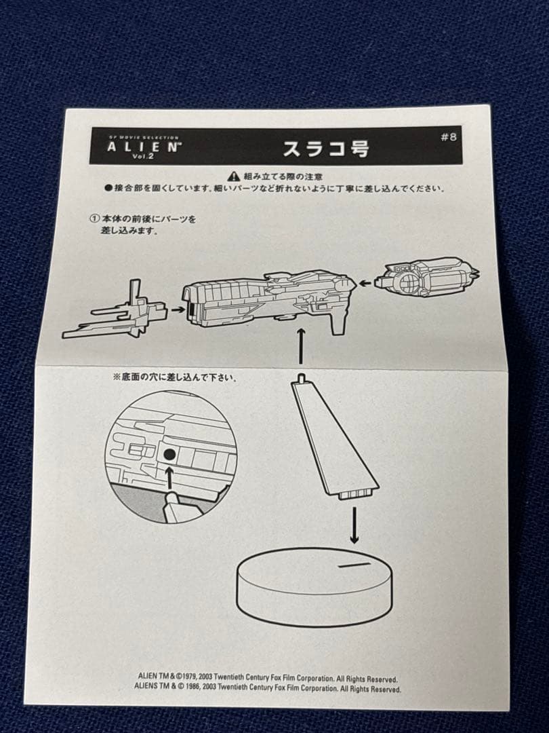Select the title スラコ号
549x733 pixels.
pyautogui.click(x=325, y=149)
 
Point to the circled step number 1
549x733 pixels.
pyautogui.click(x=94, y=219)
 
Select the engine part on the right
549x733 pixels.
pyautogui.click(x=427, y=278)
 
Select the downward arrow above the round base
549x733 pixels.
pyautogui.click(x=354, y=526)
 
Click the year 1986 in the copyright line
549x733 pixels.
pyautogui.click(x=201, y=688)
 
